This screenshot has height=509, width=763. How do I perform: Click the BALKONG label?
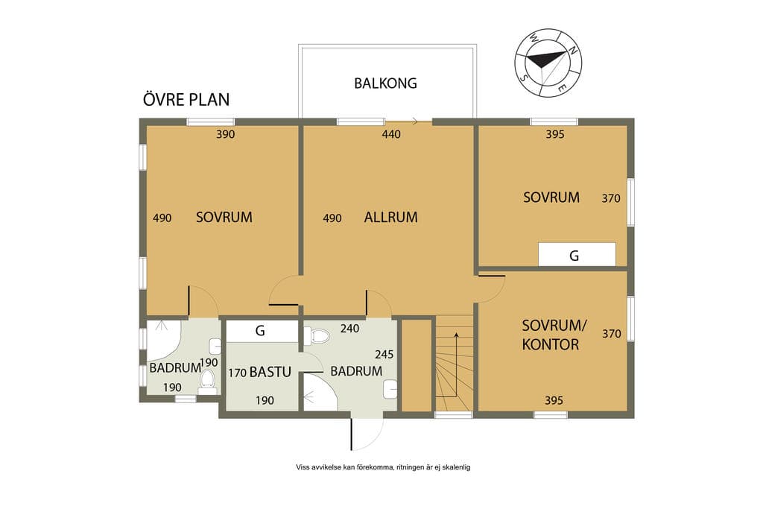tap(385, 83)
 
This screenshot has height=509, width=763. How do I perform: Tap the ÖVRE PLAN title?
tap(186, 99)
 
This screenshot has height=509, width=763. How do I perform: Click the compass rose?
tap(548, 63)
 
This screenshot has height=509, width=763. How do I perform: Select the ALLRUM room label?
tap(390, 217)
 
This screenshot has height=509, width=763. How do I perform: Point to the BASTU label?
tap(270, 373)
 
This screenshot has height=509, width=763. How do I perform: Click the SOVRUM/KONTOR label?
tap(552, 335)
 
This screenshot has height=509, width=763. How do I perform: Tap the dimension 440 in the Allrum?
tap(391, 134)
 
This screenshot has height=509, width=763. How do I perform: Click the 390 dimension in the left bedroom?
tap(225, 134)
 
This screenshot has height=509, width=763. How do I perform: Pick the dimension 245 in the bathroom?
tap(384, 354)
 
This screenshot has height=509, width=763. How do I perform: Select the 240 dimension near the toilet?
tap(350, 329)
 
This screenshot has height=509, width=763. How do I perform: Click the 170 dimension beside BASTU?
tap(237, 373)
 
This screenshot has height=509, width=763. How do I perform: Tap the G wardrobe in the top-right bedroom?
tap(577, 255)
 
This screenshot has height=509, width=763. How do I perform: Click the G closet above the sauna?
tap(262, 331)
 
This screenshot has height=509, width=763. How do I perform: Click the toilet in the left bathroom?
tap(207, 382)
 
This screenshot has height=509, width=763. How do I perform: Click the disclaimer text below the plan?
tap(383, 467)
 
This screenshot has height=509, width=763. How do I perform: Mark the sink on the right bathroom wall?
tap(390, 389)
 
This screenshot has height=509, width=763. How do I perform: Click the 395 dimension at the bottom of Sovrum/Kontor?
tap(554, 400)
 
